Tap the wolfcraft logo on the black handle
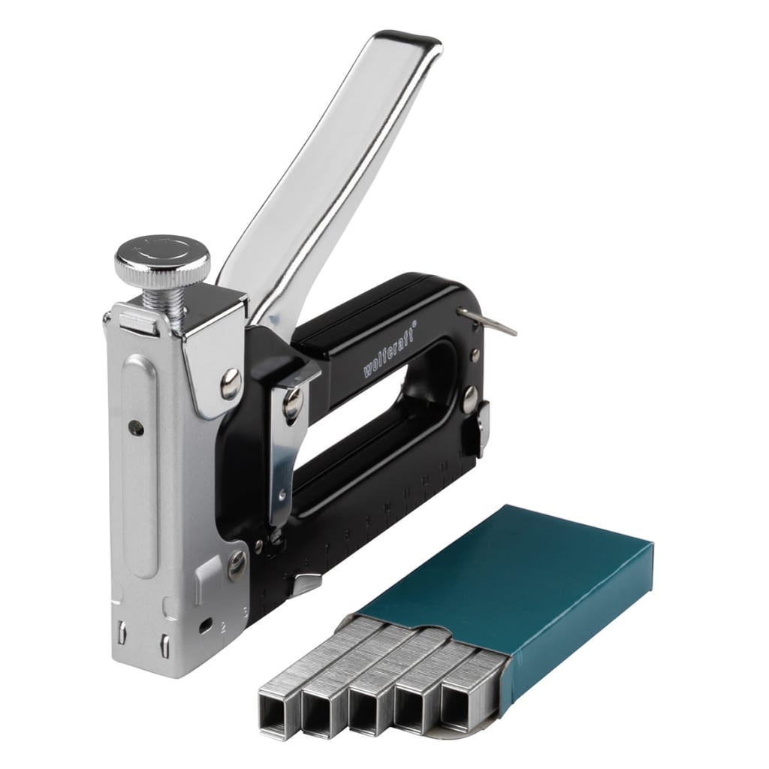pos(388,349)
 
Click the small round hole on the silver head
pos(134,428)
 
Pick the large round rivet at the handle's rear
pos(469,400)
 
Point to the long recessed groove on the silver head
pos(140,465)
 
